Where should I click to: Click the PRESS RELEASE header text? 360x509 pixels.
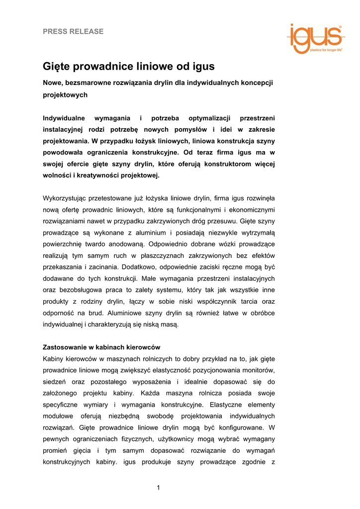[x=73, y=31]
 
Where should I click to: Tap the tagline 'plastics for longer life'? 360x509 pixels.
[x=326, y=50]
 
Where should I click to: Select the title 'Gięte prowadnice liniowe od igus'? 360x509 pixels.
[x=128, y=67]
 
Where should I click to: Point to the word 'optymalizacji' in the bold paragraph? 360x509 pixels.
[x=209, y=118]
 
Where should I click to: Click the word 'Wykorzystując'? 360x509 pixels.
[x=66, y=198]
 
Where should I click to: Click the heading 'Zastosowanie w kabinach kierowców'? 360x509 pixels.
[x=101, y=347]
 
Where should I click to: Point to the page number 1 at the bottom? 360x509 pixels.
[x=159, y=487]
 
